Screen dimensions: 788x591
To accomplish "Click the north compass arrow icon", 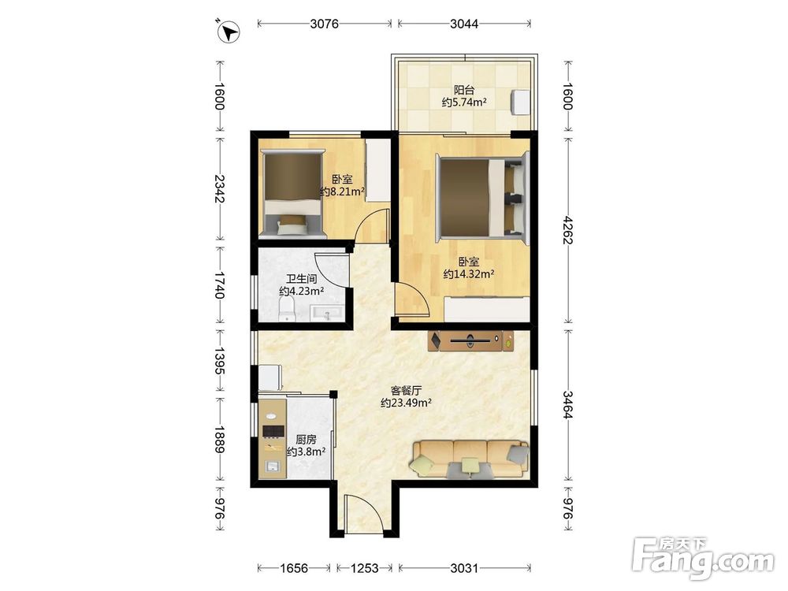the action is pos(229,32).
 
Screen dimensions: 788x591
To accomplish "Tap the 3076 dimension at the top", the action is pos(324,24).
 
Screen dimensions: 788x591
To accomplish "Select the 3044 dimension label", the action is pos(464,24).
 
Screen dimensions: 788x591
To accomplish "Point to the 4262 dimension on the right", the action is pos(568,230).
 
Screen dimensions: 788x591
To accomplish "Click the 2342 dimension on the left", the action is pos(220,188).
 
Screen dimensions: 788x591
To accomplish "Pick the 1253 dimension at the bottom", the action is pos(364,568).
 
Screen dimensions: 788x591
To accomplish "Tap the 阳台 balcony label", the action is pos(464,90).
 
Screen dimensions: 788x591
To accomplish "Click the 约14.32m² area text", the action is pos(469,274).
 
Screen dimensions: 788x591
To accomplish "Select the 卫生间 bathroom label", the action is pos(302,278).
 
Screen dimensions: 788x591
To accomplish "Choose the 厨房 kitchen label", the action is pos(306,439).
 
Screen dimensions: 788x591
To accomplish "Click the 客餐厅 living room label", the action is pos(406,390).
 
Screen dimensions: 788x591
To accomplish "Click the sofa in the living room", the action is pos(470,459).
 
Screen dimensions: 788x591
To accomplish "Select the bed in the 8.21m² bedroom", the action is pos(292,192).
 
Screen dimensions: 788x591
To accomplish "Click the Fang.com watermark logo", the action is pos(703,557).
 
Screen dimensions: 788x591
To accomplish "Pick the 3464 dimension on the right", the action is pos(568,404).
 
